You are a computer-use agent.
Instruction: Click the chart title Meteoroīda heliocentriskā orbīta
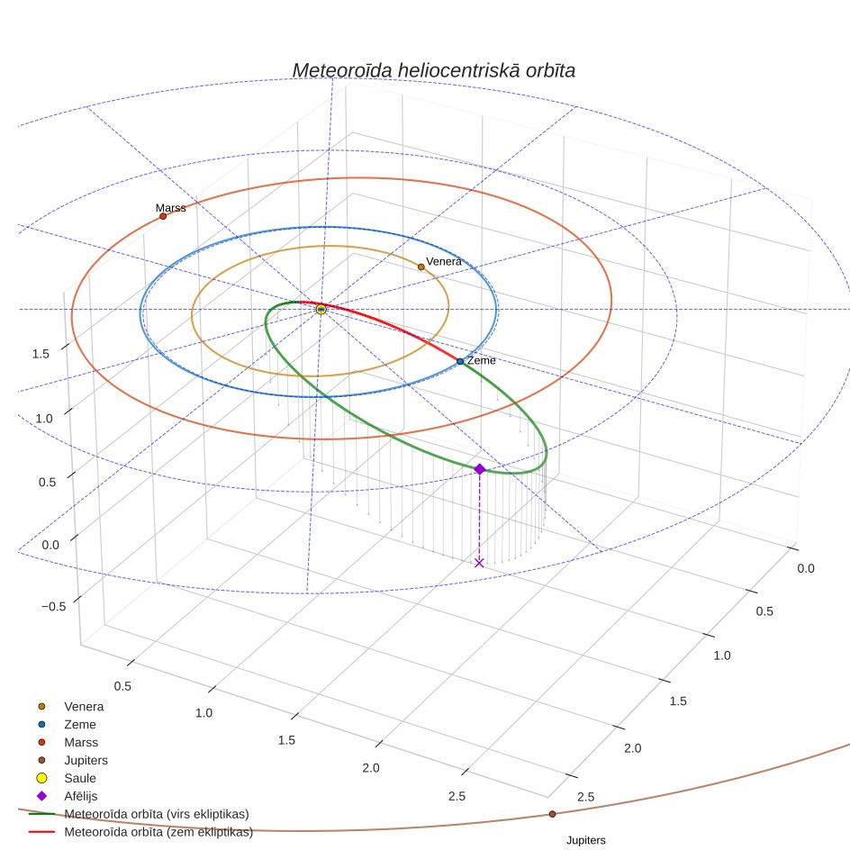pos(433,71)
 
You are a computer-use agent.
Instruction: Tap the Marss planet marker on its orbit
pos(163,216)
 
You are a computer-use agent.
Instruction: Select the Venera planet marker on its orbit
pos(421,267)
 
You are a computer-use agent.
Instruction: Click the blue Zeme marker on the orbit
pos(460,361)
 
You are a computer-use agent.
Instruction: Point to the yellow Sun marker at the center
pos(321,310)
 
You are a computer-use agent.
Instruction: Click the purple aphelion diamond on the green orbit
pos(480,469)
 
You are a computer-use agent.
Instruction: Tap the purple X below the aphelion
pos(479,563)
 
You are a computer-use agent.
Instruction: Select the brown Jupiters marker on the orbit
pos(553,814)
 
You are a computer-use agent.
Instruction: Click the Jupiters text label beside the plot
pos(585,840)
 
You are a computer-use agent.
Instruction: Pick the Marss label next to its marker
pos(170,208)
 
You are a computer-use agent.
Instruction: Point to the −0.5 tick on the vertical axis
pos(54,607)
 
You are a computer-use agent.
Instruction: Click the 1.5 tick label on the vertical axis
pos(41,354)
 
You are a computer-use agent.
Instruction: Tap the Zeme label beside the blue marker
pos(481,360)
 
